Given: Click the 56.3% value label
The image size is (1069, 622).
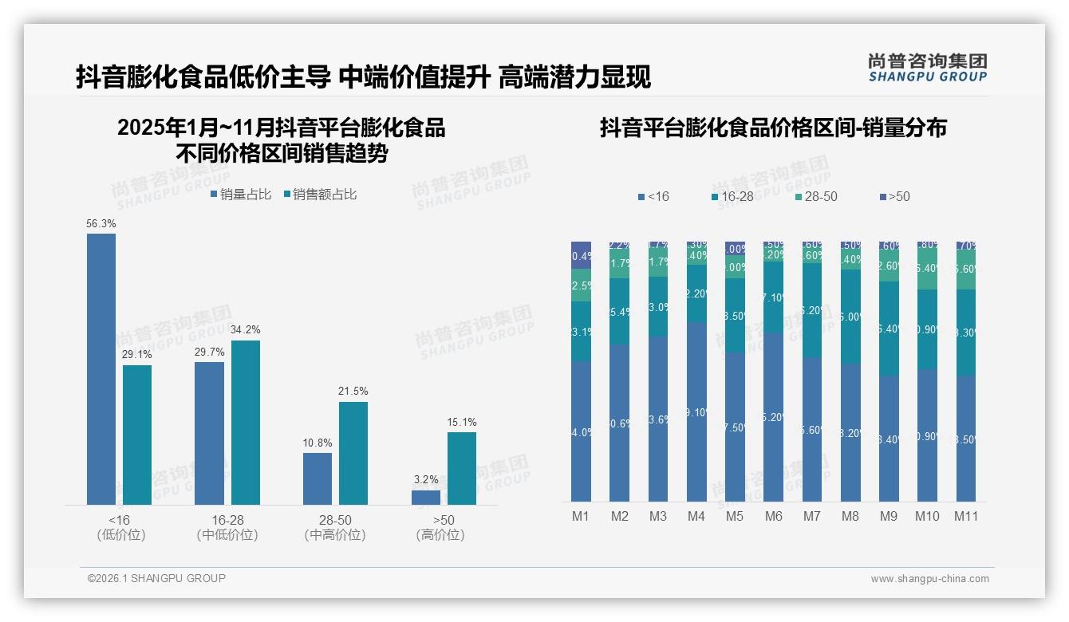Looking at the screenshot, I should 101,224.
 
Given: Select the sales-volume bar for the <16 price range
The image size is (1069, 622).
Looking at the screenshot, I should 101,368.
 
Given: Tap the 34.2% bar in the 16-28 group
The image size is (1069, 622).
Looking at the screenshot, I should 246,423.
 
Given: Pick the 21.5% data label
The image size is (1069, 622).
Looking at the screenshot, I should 353,392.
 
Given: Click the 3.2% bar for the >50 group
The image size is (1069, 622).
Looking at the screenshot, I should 426,497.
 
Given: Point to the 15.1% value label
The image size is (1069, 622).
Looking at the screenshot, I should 462,422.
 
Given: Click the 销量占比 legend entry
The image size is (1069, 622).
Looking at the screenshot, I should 241,195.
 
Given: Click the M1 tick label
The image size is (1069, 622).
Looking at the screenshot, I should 581,516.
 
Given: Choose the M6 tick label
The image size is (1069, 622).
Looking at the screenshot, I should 773,516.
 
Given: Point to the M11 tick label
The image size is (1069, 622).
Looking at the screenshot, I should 966,516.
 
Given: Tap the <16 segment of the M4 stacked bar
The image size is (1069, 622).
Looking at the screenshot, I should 696,411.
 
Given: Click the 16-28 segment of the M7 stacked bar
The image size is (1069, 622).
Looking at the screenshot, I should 812,310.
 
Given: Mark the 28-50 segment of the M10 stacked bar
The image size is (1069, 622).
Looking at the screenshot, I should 928,268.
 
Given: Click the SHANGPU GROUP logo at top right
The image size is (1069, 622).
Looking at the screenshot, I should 927,67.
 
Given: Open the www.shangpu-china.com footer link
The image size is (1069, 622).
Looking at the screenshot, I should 929,579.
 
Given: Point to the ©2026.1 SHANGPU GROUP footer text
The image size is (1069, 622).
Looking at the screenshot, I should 156,578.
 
